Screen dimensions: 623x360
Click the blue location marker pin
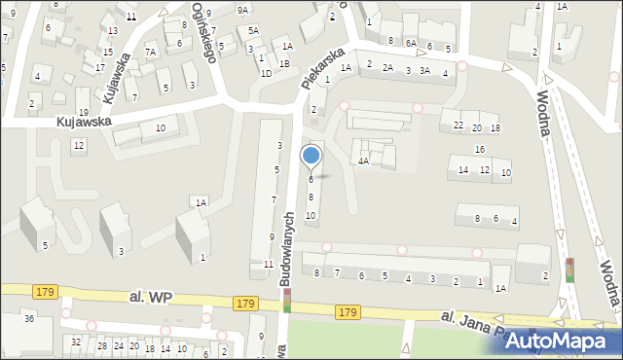point(311,156)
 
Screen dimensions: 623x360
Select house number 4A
point(362,162)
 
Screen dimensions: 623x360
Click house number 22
point(458,127)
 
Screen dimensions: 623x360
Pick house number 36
point(29,319)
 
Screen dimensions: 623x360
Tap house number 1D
point(266,73)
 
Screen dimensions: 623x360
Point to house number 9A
point(242,9)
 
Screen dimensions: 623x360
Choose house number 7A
point(151,52)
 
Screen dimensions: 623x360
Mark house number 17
point(100,67)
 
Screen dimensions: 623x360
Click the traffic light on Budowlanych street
point(287,301)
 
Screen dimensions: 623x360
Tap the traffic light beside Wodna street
point(570,270)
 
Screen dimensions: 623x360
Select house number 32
point(76,342)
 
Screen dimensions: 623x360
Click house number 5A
point(253,30)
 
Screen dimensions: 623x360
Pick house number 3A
point(424,70)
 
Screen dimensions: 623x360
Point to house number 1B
point(284,64)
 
